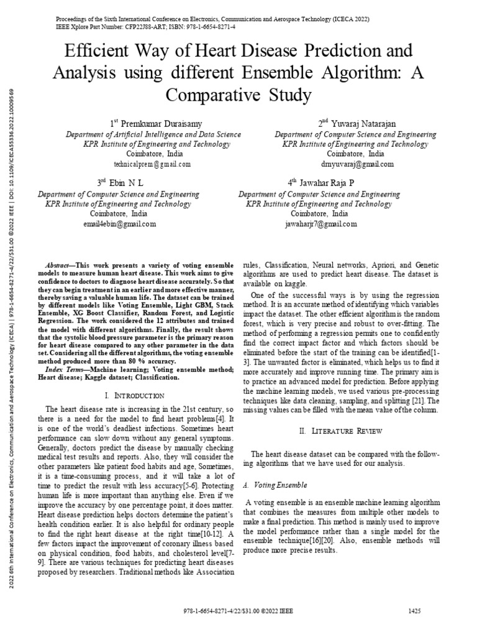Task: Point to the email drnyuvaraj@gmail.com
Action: (x=356, y=164)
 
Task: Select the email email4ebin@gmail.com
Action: (x=119, y=224)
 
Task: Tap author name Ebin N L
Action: (x=126, y=184)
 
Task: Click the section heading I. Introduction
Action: (x=135, y=396)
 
